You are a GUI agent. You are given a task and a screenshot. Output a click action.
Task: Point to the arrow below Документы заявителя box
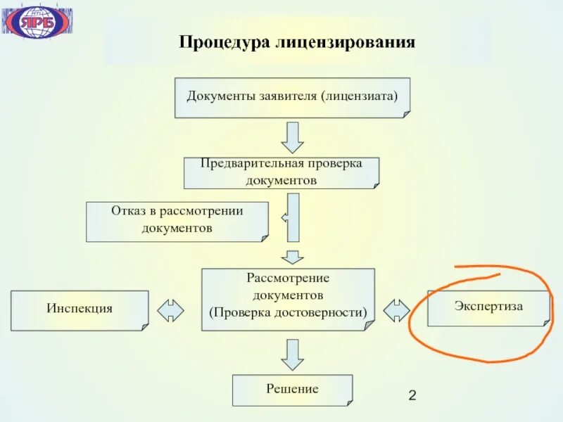[x=291, y=137]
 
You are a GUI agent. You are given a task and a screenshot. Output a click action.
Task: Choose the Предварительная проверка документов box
[x=281, y=172]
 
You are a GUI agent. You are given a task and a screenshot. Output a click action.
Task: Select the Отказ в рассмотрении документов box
[x=177, y=222]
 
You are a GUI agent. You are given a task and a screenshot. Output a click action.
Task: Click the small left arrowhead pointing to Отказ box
[x=284, y=218]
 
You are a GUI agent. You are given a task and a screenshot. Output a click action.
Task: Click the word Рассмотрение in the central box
[x=287, y=278]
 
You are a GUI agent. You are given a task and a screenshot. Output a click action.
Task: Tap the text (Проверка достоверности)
[x=287, y=310]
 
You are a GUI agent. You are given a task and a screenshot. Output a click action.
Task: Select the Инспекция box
[x=80, y=309]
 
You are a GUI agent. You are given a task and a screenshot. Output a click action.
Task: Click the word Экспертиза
[x=488, y=306]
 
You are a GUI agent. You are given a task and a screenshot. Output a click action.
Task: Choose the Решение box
[x=292, y=390]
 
